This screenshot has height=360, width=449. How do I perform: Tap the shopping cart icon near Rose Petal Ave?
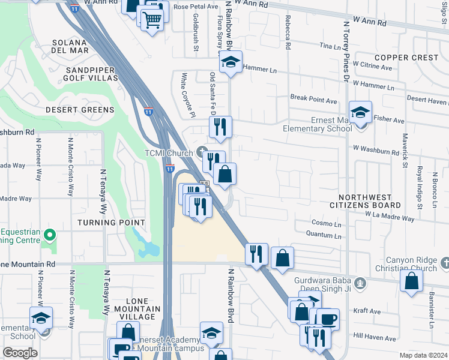point(152,20)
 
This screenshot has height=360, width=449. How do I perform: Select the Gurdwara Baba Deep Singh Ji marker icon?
point(360,283)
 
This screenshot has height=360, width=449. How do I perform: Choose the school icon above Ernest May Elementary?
point(360,112)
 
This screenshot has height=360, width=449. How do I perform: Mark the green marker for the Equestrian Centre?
point(50,235)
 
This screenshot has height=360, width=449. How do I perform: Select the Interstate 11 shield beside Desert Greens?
point(148,111)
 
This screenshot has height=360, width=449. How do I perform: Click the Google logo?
point(20,353)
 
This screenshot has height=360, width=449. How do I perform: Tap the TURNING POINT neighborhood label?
point(104,222)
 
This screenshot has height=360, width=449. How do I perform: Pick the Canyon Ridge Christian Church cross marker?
point(444,263)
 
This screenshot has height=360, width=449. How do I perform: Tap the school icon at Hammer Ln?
point(230,62)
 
